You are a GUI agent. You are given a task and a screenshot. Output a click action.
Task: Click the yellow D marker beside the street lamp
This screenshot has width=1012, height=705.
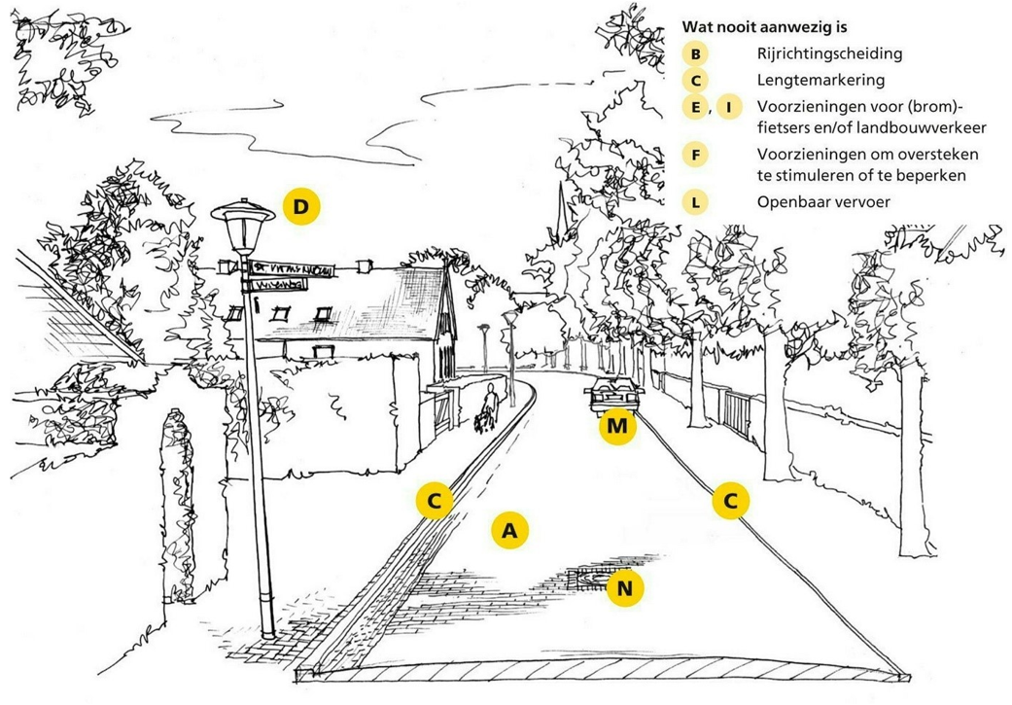[x=301, y=206]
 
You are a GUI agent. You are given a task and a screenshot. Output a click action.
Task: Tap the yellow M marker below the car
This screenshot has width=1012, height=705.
[x=616, y=426]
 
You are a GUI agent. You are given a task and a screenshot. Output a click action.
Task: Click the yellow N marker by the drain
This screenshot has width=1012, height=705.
[x=625, y=587]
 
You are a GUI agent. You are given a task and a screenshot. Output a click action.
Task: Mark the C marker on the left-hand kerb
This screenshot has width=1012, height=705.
[x=435, y=501]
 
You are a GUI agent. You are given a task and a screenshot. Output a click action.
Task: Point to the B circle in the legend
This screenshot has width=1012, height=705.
[x=695, y=54]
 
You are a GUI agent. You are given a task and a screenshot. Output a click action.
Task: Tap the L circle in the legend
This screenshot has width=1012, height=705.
[x=695, y=202]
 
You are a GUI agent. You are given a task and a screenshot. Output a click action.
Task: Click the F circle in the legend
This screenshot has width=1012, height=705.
[x=695, y=155]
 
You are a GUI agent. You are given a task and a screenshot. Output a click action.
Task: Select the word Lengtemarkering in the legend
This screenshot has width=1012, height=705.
[x=820, y=80]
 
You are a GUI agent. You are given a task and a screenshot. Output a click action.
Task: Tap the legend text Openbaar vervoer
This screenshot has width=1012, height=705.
[x=823, y=202]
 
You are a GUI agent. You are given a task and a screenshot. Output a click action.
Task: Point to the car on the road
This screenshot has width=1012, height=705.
[x=614, y=397]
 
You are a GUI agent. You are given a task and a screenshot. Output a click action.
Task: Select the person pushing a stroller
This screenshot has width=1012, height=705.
[x=489, y=408]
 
